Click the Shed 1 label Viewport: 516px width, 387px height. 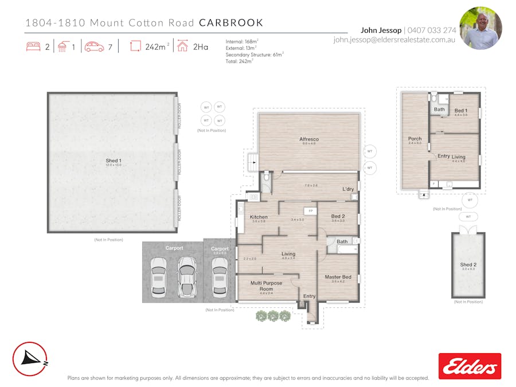113,161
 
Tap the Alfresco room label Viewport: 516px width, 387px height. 309,139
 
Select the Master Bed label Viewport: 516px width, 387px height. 338,277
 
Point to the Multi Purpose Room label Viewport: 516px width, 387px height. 266,286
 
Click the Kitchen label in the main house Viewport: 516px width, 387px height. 259,217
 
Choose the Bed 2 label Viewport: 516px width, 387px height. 338,217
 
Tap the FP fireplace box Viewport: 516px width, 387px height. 310,211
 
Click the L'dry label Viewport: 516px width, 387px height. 348,189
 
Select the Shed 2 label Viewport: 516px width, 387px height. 468,265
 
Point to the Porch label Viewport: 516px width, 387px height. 415,139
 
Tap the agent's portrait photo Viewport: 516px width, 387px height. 480,28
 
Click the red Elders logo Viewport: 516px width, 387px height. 470,366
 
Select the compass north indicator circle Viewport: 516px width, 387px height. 29,359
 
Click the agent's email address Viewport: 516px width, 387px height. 394,40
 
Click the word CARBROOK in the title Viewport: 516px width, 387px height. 231,23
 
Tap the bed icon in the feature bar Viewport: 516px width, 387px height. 33,47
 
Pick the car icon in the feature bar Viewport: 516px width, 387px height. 94,47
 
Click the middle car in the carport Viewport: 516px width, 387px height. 186,276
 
